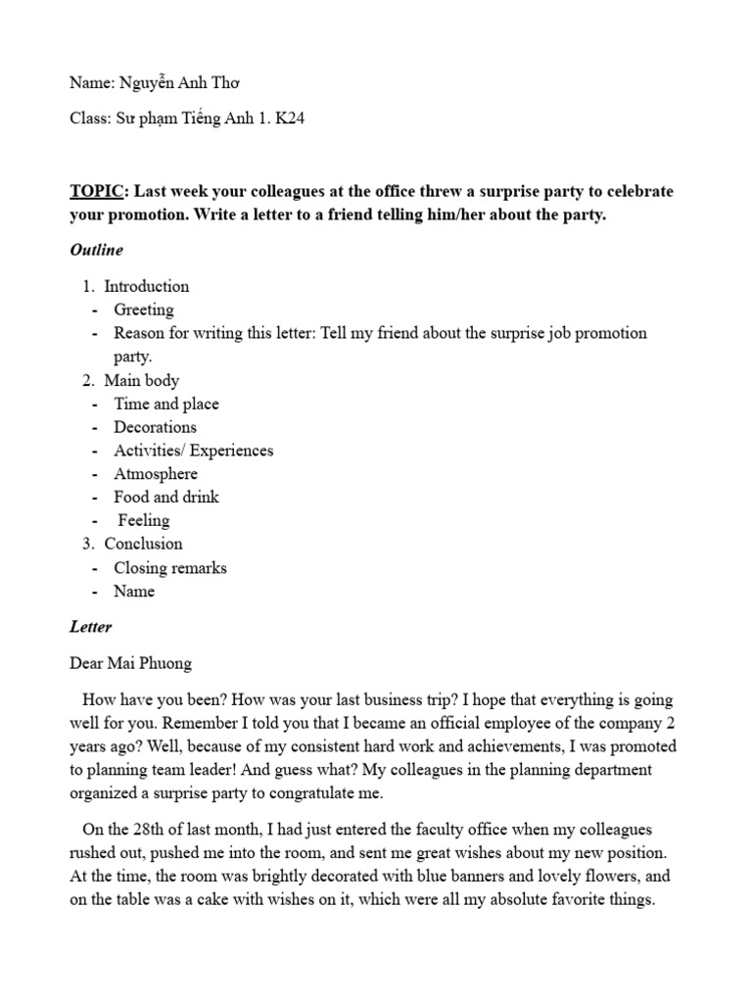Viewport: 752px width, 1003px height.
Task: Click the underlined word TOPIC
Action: point(97,191)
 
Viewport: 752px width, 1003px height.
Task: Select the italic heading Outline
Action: point(96,250)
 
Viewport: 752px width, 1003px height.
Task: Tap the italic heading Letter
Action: point(91,627)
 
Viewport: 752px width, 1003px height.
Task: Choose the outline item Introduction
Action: point(146,286)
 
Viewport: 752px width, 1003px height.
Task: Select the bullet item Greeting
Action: point(144,310)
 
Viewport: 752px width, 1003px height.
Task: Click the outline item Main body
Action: point(141,380)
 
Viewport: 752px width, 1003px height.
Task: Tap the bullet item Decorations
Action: point(155,427)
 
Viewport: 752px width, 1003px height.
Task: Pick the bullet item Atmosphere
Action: point(156,474)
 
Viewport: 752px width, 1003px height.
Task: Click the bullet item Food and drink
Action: point(166,497)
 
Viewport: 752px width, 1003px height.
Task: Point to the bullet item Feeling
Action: point(144,520)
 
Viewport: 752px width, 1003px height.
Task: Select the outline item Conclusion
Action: point(143,544)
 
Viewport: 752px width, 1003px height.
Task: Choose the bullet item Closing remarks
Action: point(170,568)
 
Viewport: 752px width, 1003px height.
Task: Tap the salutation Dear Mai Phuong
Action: point(130,663)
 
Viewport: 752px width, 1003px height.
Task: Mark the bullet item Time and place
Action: point(166,404)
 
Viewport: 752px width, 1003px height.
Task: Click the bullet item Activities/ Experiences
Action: point(194,451)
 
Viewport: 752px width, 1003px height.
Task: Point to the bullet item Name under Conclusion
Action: point(134,592)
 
